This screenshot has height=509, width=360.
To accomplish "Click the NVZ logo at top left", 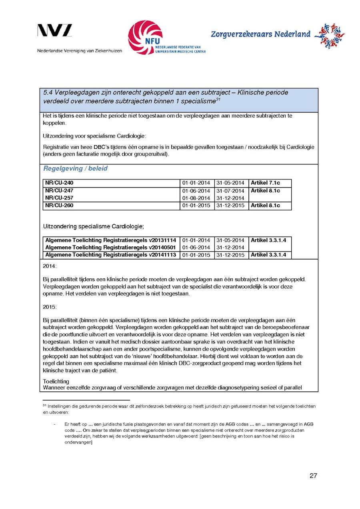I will click(x=55, y=31).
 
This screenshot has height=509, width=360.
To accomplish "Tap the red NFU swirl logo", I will click(x=145, y=37).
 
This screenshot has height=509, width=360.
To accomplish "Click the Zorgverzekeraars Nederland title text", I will click(x=260, y=34).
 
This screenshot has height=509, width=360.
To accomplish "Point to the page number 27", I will click(x=313, y=476).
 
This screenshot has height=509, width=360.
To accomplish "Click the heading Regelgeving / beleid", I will click(x=75, y=169).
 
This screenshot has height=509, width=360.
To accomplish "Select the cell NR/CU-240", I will click(x=59, y=183).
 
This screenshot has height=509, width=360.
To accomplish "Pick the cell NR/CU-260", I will click(x=59, y=206).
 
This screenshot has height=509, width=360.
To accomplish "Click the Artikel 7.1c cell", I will click(x=265, y=183).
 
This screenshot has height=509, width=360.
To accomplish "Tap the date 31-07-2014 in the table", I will click(x=230, y=191).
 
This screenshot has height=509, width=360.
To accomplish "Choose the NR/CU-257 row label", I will click(x=59, y=198).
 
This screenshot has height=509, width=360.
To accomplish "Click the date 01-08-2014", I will click(x=196, y=198).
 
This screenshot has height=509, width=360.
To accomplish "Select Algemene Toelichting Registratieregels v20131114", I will click(x=111, y=240).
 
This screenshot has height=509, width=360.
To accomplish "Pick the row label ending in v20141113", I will click(x=111, y=255).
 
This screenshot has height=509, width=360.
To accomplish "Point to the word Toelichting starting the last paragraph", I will click(x=56, y=381).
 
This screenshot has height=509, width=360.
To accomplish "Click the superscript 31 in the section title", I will click(x=218, y=99).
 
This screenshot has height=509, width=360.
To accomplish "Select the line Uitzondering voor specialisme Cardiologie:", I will click(x=94, y=136).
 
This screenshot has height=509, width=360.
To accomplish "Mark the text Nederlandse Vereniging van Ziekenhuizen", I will click(x=80, y=51).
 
